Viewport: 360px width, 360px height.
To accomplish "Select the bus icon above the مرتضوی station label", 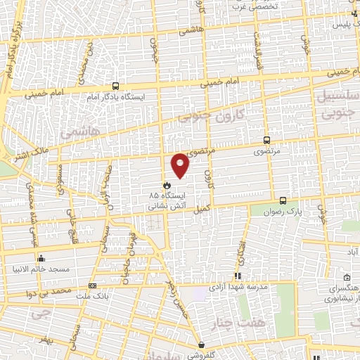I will click(266, 140).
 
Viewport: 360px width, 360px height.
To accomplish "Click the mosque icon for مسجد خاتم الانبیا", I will click(41, 258).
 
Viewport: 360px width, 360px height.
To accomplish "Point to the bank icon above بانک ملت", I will click(94, 285).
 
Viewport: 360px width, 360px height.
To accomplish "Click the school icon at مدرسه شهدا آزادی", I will click(237, 276).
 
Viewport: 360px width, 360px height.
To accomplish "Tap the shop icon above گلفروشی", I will click(202, 345).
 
